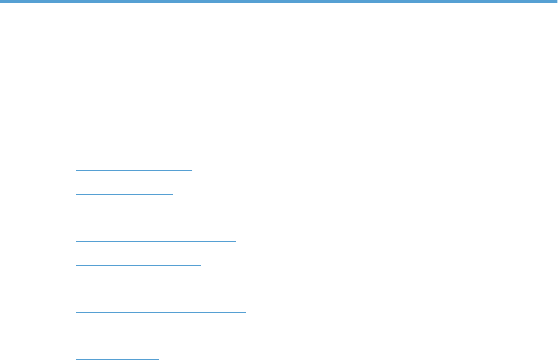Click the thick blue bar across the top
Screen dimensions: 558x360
pos(279,2)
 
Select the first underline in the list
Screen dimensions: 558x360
pos(134,169)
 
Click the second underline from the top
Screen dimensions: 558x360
pos(124,193)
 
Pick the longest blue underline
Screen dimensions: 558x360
pos(165,217)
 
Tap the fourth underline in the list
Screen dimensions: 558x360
pos(156,241)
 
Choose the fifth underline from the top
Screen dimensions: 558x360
pos(138,264)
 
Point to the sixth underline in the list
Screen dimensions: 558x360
pos(121,288)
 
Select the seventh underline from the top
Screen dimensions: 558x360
pos(161,312)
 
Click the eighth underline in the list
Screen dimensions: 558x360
pos(121,335)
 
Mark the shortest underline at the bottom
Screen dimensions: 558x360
pos(118,359)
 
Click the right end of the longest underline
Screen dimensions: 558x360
pos(254,217)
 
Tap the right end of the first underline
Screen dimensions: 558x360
pos(192,169)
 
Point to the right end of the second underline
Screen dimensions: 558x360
pos(172,193)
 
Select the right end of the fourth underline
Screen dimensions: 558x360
pos(236,241)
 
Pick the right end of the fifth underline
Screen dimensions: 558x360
pos(200,264)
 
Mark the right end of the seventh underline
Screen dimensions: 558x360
pos(246,312)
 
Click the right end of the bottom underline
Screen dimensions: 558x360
pos(159,359)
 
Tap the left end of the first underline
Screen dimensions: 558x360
pos(76,169)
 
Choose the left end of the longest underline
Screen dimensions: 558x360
pos(76,217)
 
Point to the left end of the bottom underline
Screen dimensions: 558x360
pos(76,359)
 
